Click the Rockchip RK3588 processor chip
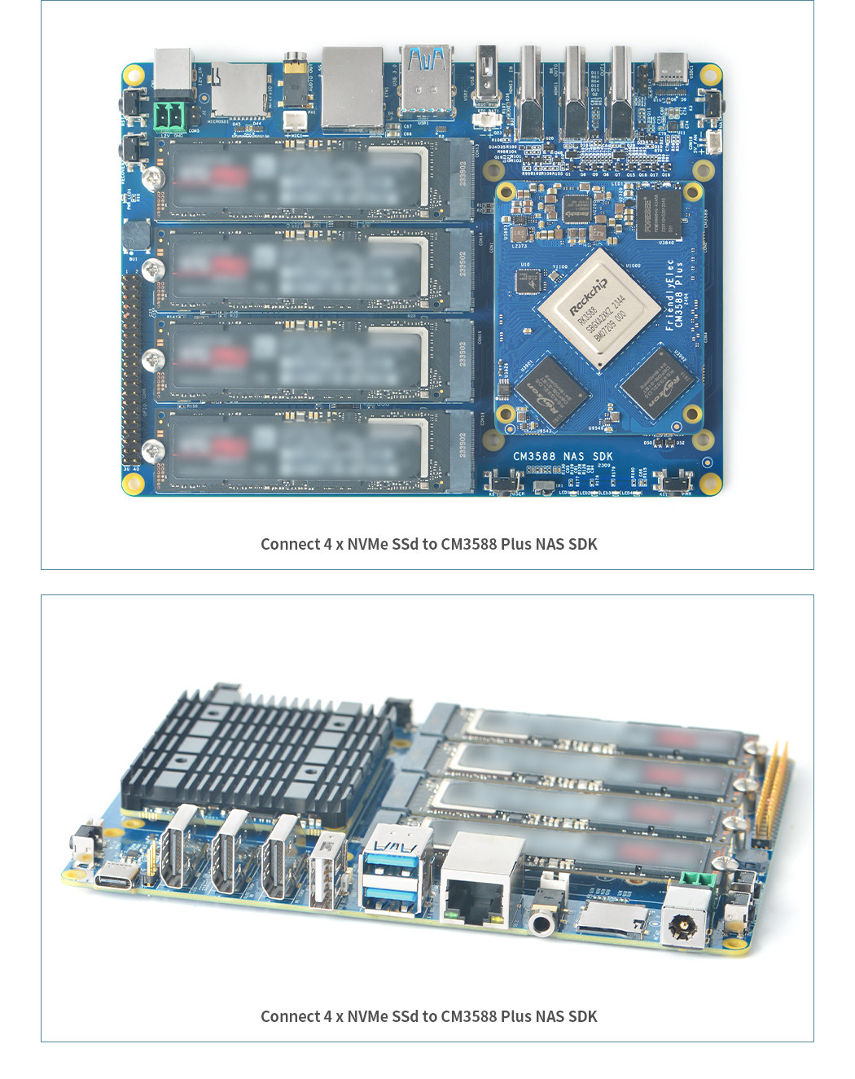point(598,309)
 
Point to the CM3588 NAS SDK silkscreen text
point(563,456)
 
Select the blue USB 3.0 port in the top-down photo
point(426,81)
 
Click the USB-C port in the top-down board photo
point(670,68)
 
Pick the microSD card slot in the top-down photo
point(238,91)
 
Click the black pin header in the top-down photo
point(129,371)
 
